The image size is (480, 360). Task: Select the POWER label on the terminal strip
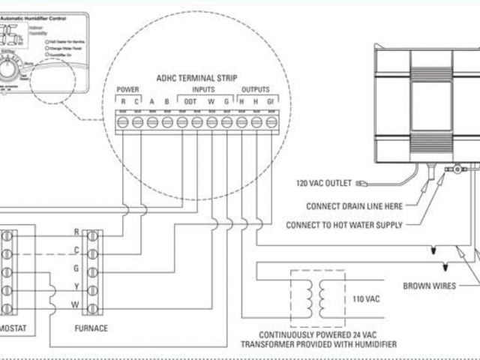tap(127, 89)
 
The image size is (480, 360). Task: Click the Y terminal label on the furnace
tap(76, 287)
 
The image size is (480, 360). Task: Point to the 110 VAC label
tap(367, 298)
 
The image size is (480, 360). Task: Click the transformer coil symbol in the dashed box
tap(318, 294)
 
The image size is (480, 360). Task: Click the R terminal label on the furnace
tap(76, 233)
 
